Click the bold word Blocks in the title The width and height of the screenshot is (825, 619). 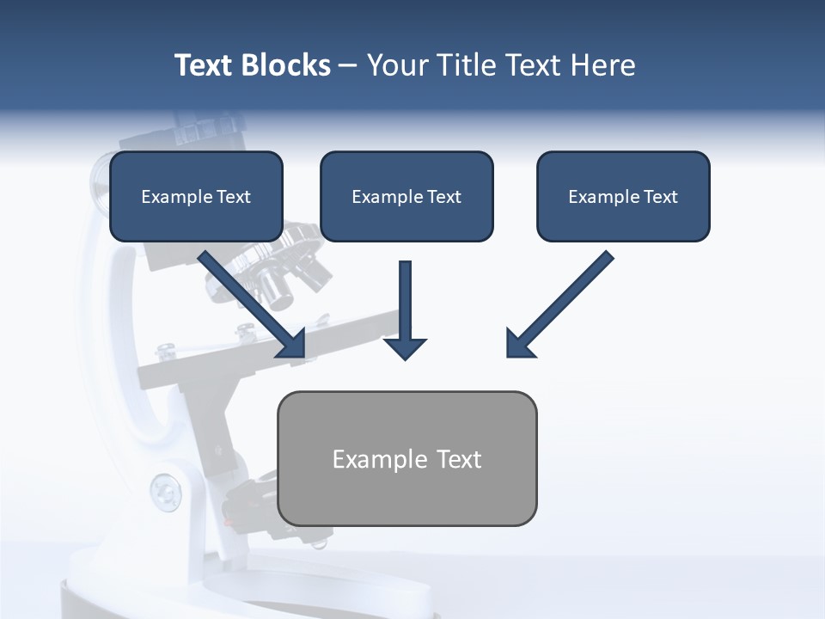coord(285,65)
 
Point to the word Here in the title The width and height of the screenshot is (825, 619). coord(602,65)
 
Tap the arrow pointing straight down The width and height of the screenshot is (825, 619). coord(405,309)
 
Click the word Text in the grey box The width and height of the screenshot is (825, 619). coord(459,459)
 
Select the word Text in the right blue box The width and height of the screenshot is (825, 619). coord(659,197)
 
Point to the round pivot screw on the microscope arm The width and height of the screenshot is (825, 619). coord(165,493)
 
